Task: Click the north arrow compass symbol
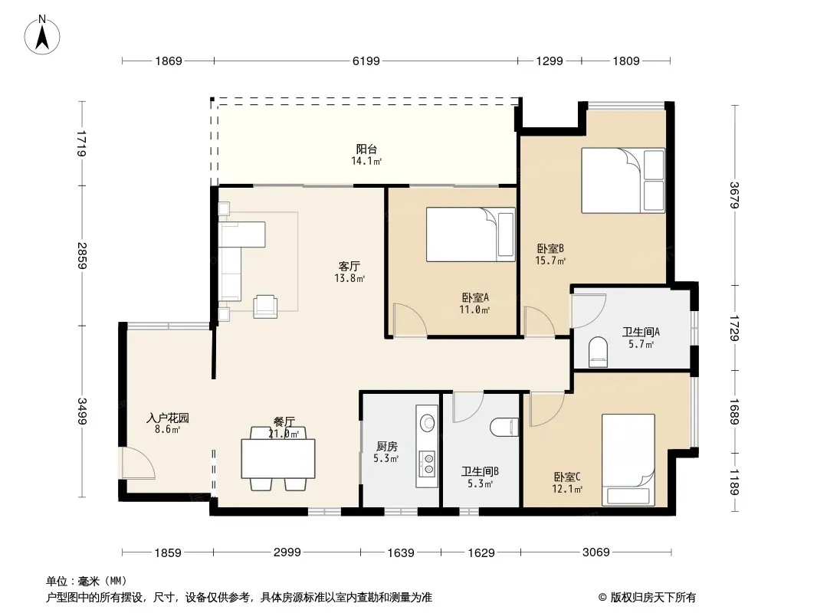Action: tap(42, 34)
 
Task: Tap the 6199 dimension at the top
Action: tap(366, 61)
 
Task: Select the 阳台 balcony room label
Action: tap(366, 149)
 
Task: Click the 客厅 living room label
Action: tap(349, 266)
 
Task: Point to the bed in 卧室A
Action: tap(471, 234)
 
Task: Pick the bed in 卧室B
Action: tap(623, 180)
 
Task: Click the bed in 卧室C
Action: tap(628, 460)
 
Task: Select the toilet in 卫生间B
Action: tap(505, 427)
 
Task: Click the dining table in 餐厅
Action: tap(278, 458)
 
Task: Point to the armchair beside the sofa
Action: tap(265, 306)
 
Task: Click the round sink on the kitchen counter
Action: tap(428, 423)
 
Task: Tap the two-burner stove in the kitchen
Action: tap(428, 464)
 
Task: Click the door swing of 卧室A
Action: tap(410, 320)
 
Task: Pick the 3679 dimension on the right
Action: tap(735, 195)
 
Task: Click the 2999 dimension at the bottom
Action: tap(287, 552)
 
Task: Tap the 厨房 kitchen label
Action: tap(386, 446)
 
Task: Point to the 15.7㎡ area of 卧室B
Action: tap(550, 261)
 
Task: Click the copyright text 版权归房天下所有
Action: tap(653, 598)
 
